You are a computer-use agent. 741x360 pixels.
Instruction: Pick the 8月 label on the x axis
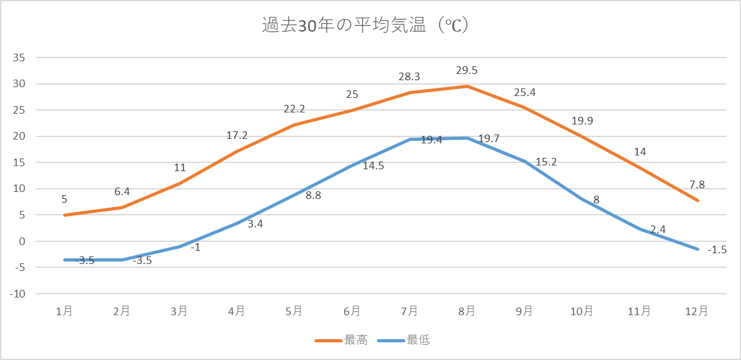point(467,311)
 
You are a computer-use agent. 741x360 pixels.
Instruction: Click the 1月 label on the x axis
point(64,311)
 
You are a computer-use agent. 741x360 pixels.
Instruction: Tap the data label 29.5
point(467,69)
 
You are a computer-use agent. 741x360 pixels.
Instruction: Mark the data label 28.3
point(409,76)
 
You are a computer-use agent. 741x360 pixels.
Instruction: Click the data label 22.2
point(294,109)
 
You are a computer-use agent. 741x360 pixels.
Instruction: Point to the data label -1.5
point(717,249)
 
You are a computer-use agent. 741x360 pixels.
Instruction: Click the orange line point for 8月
point(467,86)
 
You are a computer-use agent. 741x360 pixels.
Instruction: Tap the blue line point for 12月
point(698,249)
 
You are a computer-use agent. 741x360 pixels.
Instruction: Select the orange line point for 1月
point(64,215)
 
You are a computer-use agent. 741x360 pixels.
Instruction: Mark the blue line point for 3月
point(180,246)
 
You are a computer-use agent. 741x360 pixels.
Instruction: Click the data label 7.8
point(698,184)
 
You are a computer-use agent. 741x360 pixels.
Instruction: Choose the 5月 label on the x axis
point(294,311)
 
